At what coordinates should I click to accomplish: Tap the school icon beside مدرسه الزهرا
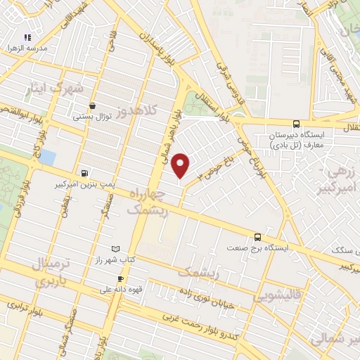point(27,37)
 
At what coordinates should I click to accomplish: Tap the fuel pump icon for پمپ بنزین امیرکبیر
point(85,172)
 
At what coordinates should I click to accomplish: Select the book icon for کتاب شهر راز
point(116,249)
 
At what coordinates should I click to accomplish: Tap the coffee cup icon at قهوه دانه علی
point(120,279)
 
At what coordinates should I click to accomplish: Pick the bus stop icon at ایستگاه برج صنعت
point(257,237)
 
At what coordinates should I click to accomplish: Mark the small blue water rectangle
point(47,156)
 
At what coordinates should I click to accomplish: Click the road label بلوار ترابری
point(25,310)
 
